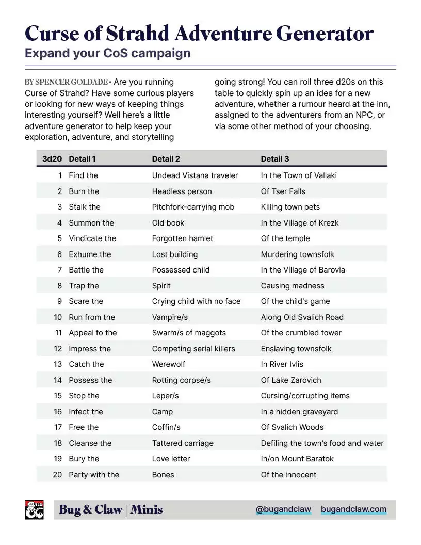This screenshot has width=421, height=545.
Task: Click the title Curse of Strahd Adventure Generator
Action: click(x=199, y=34)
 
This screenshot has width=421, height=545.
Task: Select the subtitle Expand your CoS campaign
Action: click(x=107, y=53)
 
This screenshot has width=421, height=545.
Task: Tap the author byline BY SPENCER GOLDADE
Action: click(x=66, y=82)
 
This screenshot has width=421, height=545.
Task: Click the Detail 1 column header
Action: click(x=82, y=159)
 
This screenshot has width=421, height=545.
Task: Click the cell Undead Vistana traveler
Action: click(x=195, y=175)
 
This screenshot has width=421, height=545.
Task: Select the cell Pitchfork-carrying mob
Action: click(x=193, y=207)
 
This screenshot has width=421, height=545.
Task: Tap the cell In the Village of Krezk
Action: click(x=300, y=223)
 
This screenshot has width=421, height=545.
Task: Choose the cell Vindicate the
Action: click(x=92, y=238)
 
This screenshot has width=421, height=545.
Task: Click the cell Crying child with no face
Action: click(x=196, y=301)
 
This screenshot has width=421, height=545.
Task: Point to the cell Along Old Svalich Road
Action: click(x=302, y=317)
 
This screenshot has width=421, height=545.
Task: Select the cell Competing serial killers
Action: click(x=193, y=349)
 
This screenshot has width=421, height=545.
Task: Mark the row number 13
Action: click(x=58, y=364)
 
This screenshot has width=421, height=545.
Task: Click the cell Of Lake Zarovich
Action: click(x=291, y=380)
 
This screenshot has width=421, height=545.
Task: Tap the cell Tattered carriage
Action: click(x=183, y=443)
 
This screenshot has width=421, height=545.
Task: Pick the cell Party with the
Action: click(x=94, y=475)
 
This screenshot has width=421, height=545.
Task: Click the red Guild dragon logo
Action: click(x=35, y=510)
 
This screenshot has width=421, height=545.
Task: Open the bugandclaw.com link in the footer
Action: click(x=353, y=510)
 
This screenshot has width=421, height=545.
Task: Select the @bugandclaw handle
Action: click(x=283, y=510)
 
